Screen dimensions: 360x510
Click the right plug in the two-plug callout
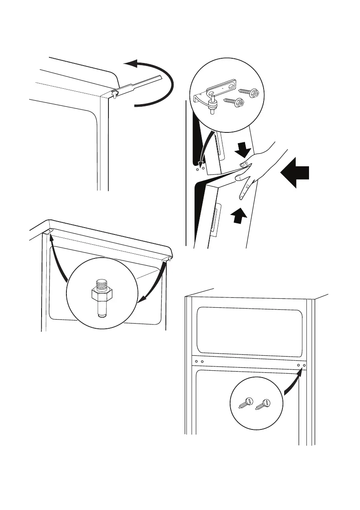pos(263,403)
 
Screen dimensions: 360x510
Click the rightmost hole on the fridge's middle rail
pos(304,366)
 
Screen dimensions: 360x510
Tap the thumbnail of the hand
pos(243,165)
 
